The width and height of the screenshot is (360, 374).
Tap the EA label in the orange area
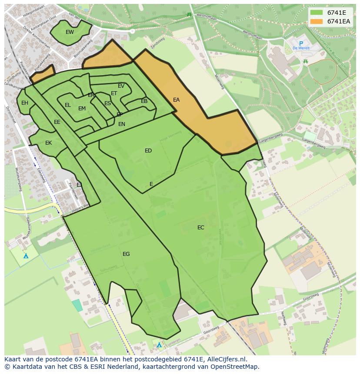176,100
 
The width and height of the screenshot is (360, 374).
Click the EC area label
200,228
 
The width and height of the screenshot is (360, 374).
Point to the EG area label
126,254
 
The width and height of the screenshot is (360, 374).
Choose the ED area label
148,151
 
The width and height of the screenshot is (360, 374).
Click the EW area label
70,32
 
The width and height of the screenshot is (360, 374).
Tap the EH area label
25,103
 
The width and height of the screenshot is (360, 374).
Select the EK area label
48,143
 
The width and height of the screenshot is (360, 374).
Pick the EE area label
57,122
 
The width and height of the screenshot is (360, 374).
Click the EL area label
67,105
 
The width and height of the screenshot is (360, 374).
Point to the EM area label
82,109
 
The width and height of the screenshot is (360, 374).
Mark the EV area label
121,86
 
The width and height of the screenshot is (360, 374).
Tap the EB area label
144,101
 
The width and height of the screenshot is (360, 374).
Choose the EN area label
122,124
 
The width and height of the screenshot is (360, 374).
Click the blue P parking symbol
301,43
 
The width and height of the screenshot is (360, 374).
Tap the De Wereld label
301,48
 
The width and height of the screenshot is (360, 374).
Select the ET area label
114,93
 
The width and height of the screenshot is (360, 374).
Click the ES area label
107,103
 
